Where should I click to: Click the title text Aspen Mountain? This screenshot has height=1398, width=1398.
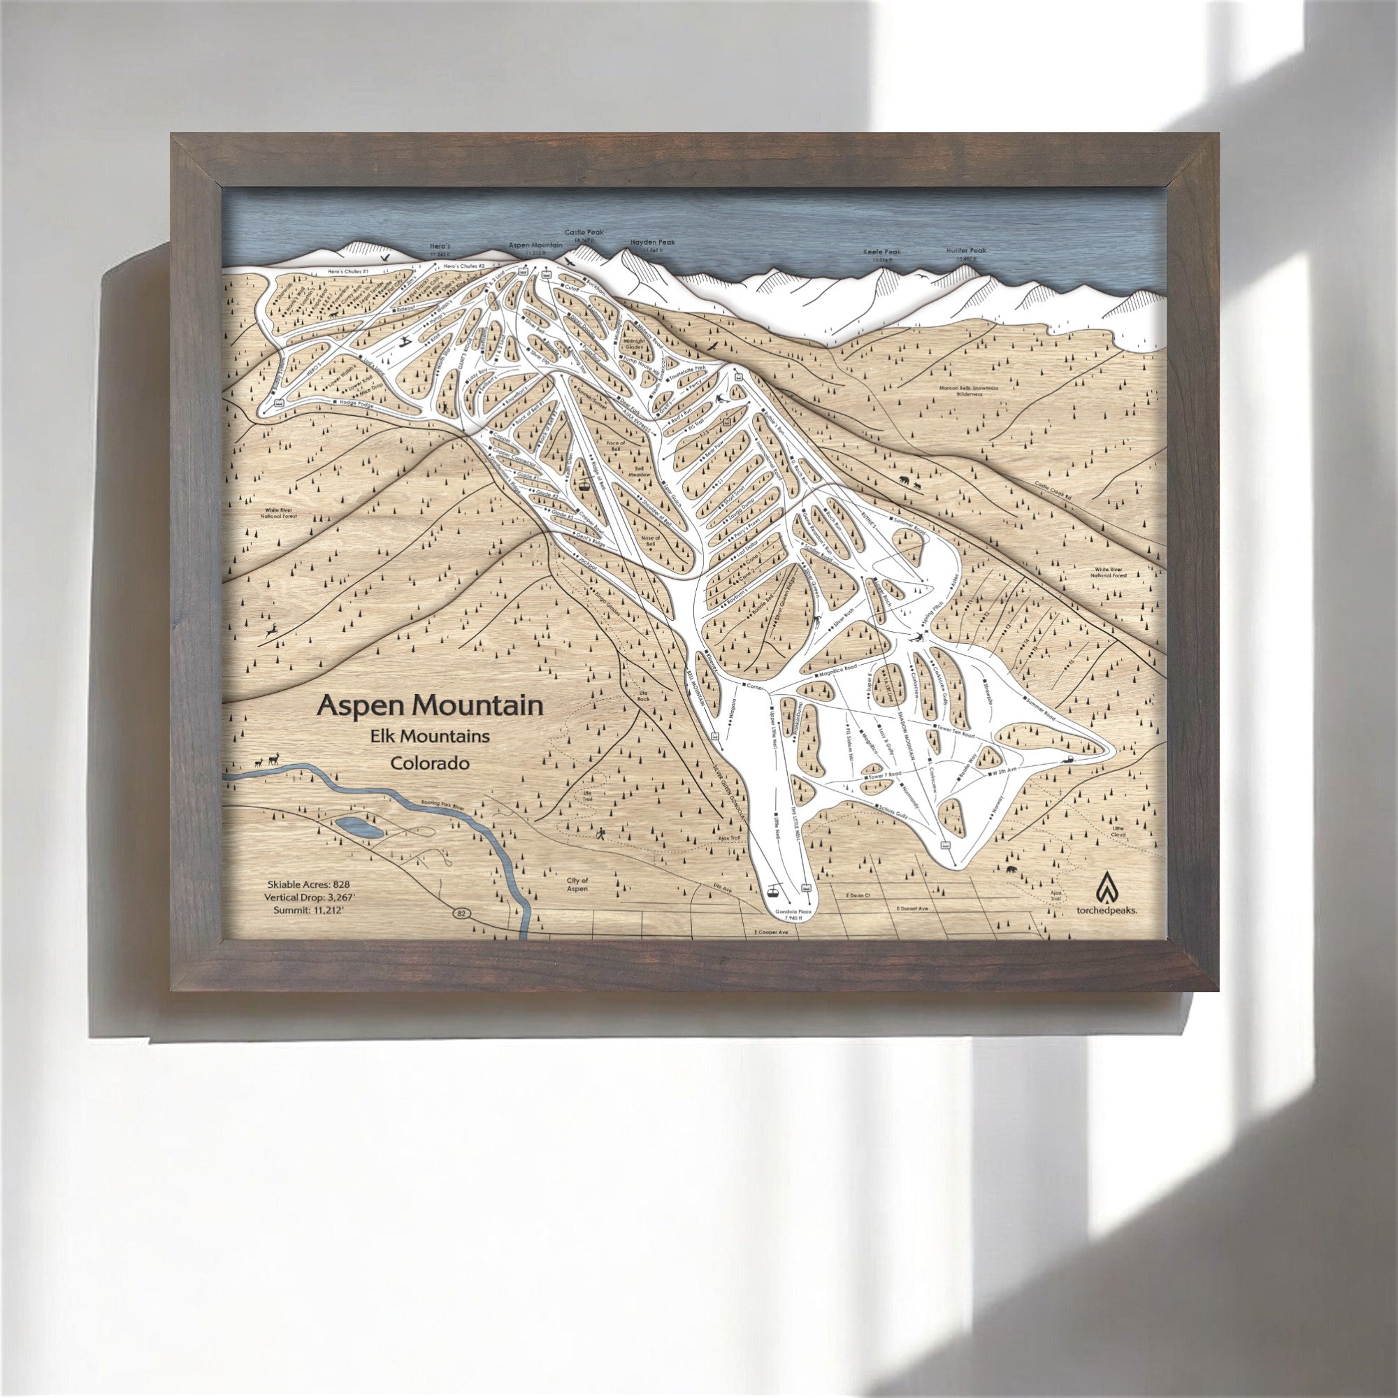click(x=431, y=705)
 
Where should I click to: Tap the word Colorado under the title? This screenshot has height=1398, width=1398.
click(x=430, y=763)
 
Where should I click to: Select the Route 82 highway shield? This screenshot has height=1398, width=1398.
click(x=460, y=914)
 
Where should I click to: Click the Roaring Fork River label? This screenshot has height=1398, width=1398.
click(x=442, y=805)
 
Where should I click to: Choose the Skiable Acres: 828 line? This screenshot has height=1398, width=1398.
click(x=308, y=885)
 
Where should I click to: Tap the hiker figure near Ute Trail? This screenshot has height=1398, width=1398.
click(x=601, y=835)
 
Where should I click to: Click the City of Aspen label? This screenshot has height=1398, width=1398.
click(x=577, y=884)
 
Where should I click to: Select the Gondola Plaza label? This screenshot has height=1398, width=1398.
click(x=795, y=912)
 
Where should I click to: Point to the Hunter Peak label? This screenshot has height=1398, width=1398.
click(x=966, y=250)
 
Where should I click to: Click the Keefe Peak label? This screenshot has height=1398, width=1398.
click(x=882, y=252)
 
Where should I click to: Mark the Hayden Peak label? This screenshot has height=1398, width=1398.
click(x=652, y=243)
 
